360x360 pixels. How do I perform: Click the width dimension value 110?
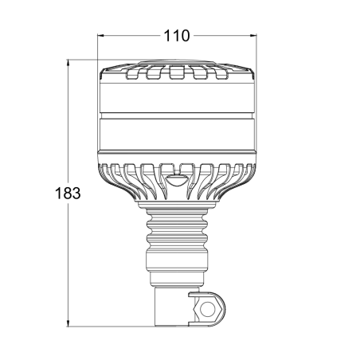[178, 35]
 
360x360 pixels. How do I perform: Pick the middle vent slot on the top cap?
[178, 76]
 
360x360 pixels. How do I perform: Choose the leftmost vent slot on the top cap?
[135, 76]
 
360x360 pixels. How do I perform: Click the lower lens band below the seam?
[178, 136]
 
